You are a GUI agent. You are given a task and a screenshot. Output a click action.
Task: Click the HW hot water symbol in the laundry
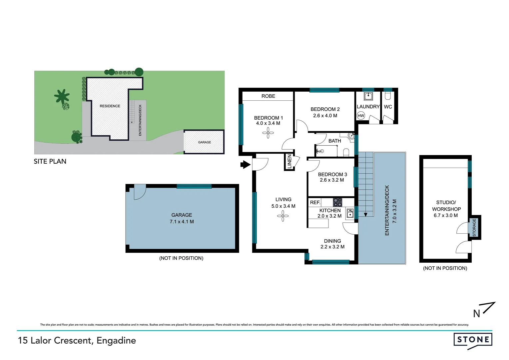pos(361,116)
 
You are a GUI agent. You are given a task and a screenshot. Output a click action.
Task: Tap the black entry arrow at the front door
pos(246,164)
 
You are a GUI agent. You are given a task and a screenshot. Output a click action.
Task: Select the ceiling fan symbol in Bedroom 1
pos(268,133)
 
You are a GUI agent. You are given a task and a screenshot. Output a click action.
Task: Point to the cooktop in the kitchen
pos(337,202)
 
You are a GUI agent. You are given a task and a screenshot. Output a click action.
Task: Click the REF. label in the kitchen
pos(315,202)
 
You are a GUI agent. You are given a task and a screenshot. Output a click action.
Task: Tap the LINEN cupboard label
pos(289,162)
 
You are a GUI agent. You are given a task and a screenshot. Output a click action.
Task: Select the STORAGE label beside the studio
pos(474,227)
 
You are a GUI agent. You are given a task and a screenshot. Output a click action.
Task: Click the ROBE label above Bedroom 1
pos(268,96)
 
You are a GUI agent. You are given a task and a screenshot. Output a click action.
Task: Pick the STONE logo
pos(473,340)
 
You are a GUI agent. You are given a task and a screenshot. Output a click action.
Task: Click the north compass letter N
pos(477,314)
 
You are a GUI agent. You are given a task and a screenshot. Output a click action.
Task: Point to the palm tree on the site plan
pos(62,97)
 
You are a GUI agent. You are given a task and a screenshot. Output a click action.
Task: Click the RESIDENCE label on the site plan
pos(110,106)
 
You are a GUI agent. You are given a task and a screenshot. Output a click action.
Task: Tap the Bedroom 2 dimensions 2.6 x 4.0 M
pos(325,116)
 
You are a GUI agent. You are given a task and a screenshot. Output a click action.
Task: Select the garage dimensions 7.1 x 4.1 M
pos(182,222)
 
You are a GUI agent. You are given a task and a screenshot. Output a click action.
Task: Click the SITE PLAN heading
pos(50,161)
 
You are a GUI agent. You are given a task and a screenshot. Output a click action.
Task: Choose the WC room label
pos(388,107)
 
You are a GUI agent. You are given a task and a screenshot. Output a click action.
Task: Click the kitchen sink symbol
pos(350,213)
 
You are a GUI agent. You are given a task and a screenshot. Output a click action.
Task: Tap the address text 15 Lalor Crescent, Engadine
pos(77,340)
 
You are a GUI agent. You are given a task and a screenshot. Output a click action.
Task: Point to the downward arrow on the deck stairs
pos(365,214)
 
